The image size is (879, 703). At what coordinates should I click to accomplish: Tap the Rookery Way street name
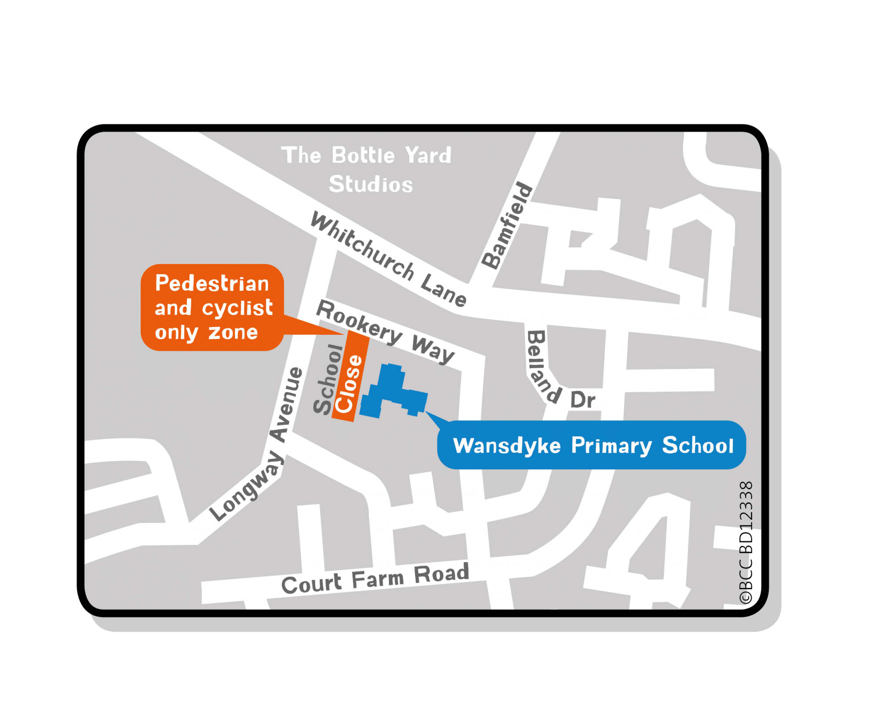385,332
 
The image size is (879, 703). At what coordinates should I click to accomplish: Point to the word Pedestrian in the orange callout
212,283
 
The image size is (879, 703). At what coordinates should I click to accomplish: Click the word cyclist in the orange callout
237,308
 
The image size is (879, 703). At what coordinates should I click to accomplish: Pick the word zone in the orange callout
233,333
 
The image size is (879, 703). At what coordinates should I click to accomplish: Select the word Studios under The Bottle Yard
371,184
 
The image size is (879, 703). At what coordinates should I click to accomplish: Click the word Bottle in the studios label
363,156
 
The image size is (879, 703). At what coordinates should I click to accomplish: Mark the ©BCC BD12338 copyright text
746,543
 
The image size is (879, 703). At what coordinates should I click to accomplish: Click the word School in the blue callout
698,446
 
